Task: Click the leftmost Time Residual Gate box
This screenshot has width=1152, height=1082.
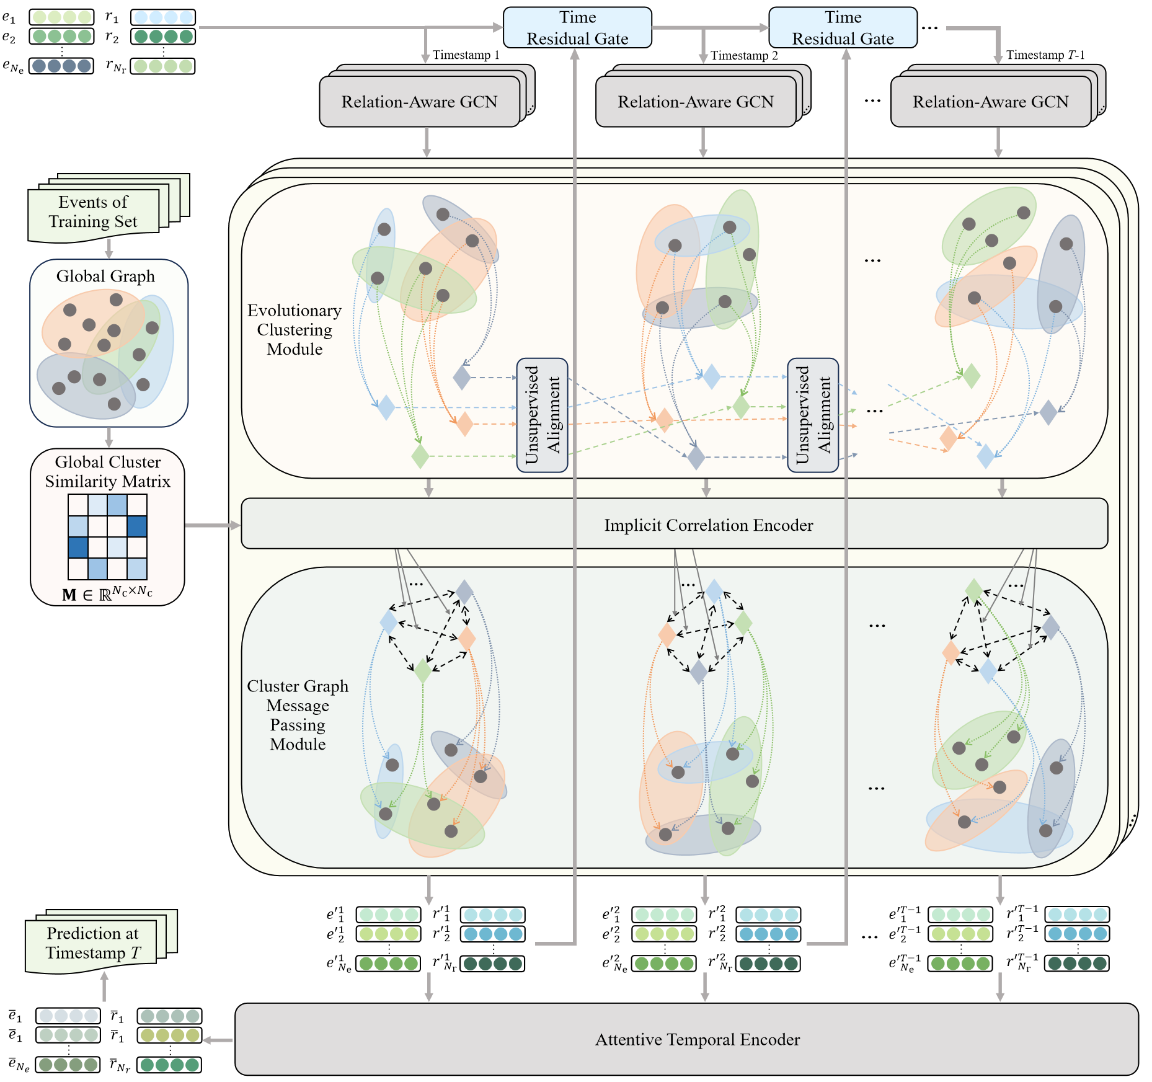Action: click(577, 28)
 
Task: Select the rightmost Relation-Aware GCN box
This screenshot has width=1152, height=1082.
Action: click(990, 102)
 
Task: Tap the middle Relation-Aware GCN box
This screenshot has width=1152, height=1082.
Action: click(695, 102)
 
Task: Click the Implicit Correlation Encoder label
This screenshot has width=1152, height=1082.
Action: click(708, 525)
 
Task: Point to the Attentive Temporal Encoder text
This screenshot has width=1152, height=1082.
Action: click(697, 1040)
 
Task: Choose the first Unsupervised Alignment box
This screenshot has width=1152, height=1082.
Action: click(542, 415)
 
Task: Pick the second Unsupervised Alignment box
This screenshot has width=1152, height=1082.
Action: click(813, 415)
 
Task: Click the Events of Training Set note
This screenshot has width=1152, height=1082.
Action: click(93, 212)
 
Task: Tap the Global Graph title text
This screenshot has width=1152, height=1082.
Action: click(105, 277)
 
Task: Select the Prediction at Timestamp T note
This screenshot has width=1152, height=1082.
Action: click(92, 943)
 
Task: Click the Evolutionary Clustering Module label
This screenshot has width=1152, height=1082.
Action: click(295, 330)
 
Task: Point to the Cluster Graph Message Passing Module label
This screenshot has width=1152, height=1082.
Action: click(298, 715)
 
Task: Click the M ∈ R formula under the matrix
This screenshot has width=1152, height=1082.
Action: click(107, 594)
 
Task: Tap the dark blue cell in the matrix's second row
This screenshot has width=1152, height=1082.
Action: click(137, 526)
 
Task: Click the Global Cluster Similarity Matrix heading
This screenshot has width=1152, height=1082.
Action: click(107, 472)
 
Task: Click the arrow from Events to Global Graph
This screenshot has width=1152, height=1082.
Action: click(109, 249)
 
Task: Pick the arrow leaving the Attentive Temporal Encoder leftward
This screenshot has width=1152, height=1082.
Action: click(218, 1040)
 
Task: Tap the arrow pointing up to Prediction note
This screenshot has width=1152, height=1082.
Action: click(104, 987)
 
